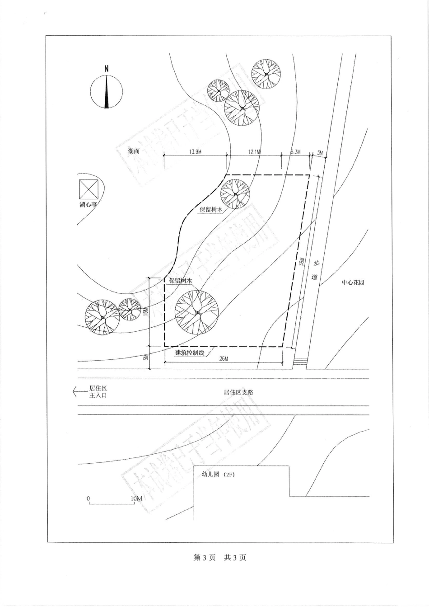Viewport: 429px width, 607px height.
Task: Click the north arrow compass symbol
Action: (107, 91)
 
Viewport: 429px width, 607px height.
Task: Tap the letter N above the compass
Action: (107, 69)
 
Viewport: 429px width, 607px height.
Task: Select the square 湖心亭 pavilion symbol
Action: (89, 189)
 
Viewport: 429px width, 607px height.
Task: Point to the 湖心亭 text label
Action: (89, 205)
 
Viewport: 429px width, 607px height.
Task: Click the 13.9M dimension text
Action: (195, 152)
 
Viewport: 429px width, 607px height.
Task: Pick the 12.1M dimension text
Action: (254, 152)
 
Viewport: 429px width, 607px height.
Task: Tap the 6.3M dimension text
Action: (295, 152)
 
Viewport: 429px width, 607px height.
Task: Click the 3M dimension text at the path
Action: (320, 153)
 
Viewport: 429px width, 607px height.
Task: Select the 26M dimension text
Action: (224, 358)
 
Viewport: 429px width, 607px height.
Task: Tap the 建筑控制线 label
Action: (190, 352)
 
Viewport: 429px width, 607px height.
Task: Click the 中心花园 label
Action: (353, 282)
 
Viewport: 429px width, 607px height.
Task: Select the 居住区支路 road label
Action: (238, 392)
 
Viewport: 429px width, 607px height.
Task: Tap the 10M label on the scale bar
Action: (136, 499)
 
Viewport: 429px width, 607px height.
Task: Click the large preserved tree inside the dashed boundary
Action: (197, 312)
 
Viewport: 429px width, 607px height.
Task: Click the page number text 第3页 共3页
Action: (220, 558)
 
